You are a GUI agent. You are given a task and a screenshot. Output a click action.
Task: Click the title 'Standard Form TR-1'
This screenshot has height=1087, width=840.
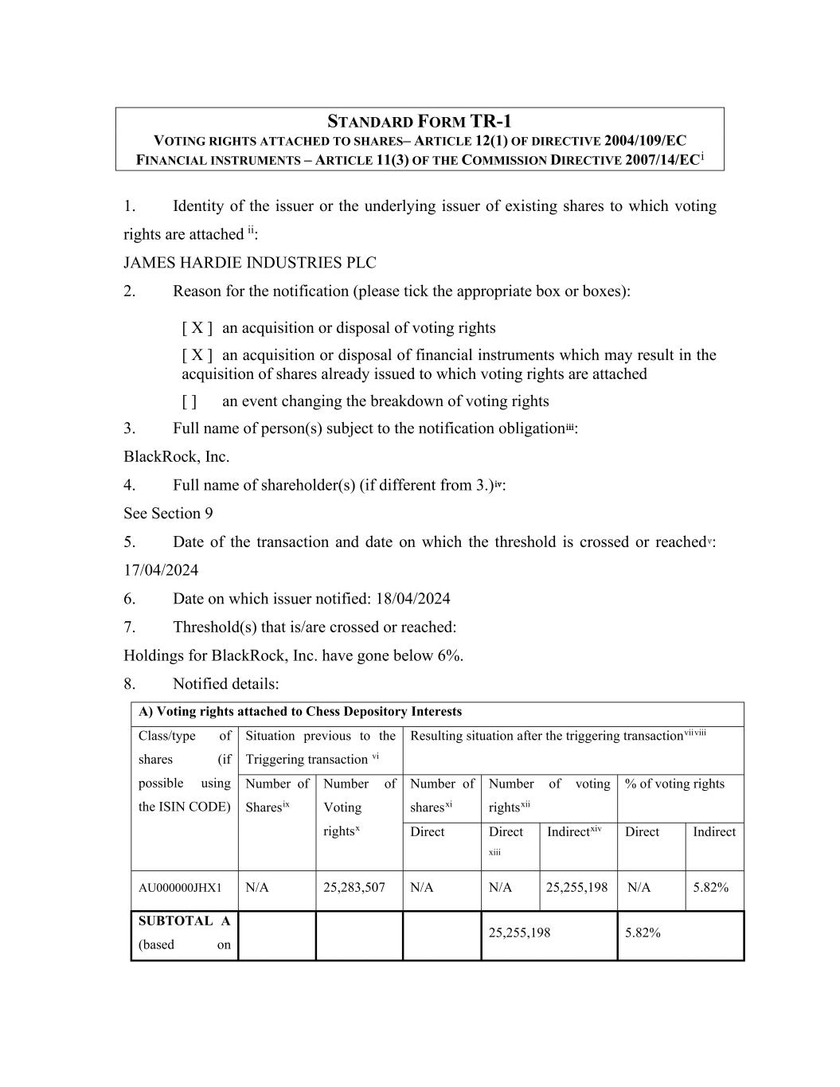coord(420,121)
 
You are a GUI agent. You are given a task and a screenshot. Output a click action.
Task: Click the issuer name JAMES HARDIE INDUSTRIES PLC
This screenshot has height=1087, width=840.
coord(250,263)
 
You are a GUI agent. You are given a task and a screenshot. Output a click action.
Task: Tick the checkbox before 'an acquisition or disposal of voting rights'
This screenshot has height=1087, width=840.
coord(197,328)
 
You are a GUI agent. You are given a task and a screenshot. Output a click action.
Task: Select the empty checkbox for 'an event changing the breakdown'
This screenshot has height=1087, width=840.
coord(189,401)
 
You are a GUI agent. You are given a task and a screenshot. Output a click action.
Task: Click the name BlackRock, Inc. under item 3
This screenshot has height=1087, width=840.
coord(176,457)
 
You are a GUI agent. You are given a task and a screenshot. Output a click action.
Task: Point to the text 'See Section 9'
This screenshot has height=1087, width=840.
coord(168,514)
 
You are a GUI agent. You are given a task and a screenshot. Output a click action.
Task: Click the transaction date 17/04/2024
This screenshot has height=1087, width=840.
coord(161,570)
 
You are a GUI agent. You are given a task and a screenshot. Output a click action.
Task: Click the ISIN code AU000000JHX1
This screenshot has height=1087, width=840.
coord(180,887)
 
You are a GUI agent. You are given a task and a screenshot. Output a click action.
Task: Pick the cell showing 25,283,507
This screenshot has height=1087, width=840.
coord(354,887)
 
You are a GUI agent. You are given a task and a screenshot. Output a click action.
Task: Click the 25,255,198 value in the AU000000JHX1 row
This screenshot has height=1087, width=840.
coord(577,887)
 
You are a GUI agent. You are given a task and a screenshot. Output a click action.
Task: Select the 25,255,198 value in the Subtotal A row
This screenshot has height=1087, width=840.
coord(519,933)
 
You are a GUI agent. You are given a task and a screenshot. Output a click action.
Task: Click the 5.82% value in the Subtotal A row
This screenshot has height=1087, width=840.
coord(643,933)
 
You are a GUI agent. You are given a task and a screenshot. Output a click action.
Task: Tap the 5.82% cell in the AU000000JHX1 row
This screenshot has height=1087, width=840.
coord(710,887)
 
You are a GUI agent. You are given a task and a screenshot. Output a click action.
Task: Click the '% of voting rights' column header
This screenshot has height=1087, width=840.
coord(674,784)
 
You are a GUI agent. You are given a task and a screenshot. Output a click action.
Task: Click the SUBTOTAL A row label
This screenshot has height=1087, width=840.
coord(184,921)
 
